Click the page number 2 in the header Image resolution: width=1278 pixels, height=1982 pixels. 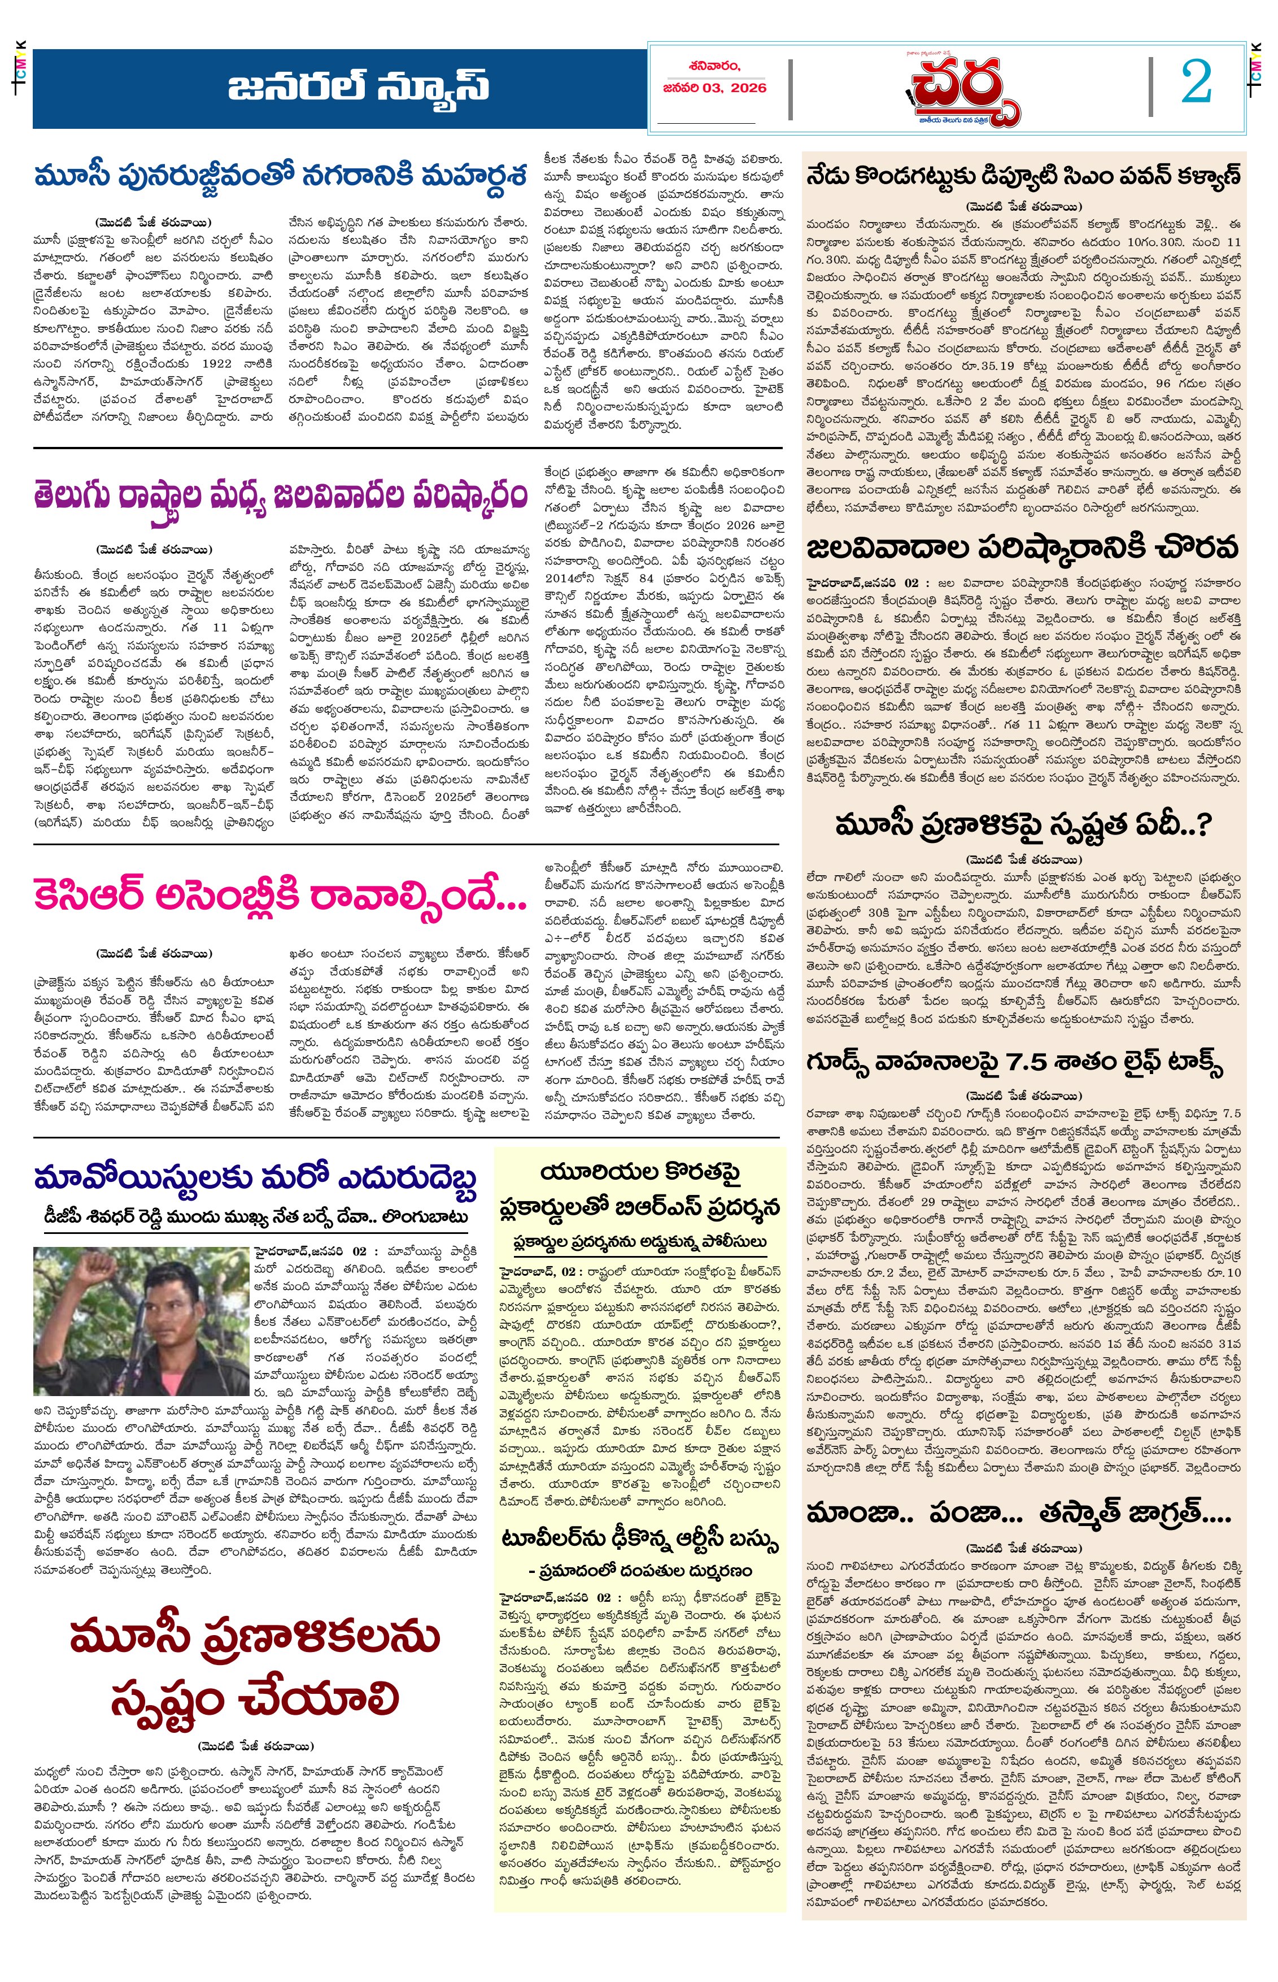(x=1197, y=84)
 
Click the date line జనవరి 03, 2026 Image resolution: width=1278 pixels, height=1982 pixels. (x=714, y=88)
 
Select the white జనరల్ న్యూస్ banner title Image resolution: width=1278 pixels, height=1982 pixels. (x=359, y=86)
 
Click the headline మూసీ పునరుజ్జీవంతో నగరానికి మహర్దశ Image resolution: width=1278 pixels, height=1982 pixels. (x=281, y=177)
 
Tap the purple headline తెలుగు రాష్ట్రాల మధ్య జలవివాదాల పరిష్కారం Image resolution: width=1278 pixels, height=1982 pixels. (x=281, y=496)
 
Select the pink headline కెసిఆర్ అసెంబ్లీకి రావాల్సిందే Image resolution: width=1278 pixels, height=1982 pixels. (x=281, y=896)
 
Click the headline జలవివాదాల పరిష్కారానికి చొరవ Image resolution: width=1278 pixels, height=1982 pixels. (x=1022, y=548)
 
